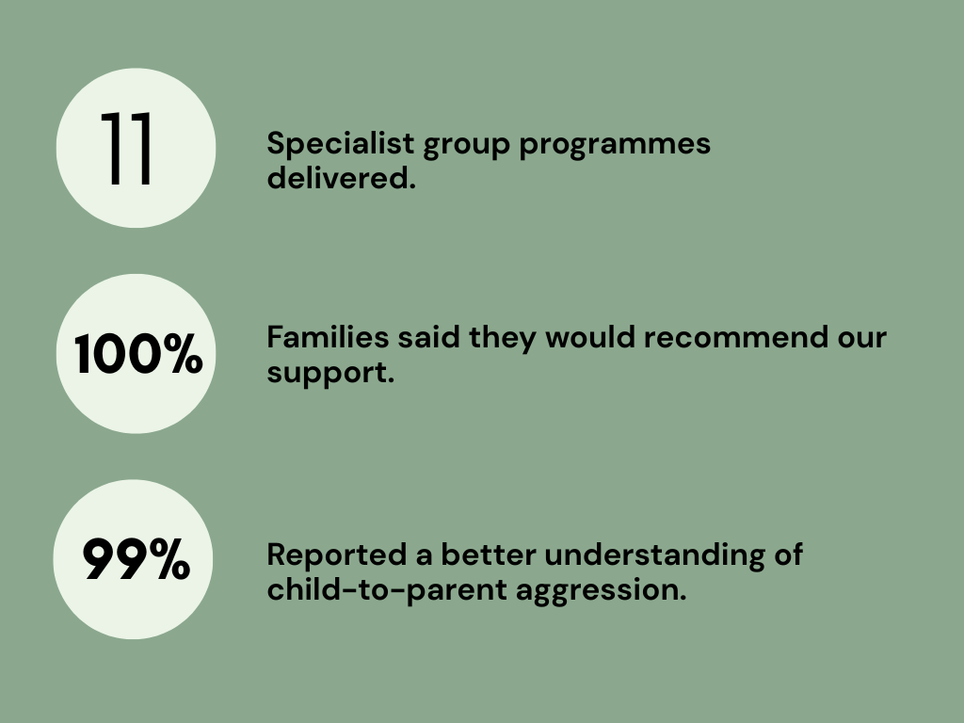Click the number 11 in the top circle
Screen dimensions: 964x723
127,148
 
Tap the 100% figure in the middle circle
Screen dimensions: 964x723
137,354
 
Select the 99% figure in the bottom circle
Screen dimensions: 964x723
136,559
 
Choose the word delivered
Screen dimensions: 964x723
341,178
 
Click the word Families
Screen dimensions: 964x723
328,337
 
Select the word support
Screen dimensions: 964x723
330,373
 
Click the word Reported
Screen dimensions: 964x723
337,554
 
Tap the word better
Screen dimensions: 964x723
489,554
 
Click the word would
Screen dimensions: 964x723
590,337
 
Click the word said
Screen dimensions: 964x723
428,337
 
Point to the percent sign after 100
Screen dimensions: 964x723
183,354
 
